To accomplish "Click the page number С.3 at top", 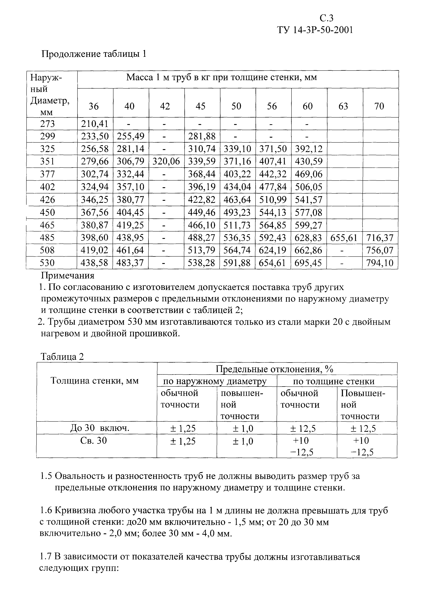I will point(326,18).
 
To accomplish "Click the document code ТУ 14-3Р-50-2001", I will point(315,30).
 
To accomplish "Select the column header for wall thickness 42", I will point(165,106).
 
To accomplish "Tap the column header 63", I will point(343,106).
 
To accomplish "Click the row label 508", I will point(47,250).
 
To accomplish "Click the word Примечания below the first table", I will point(68,276).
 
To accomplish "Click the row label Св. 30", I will point(94,441).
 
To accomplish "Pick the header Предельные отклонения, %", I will point(274,369).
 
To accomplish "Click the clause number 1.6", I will point(46,511).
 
